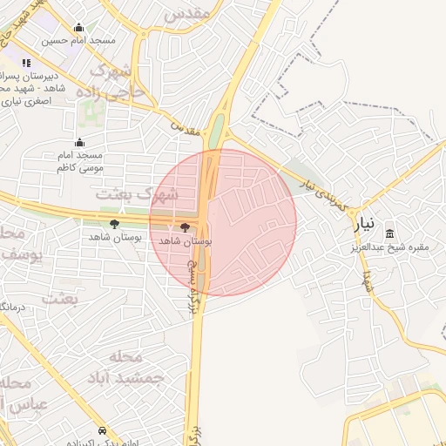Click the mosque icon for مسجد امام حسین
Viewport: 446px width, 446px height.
(80, 28)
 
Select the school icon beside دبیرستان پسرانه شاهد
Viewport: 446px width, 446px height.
(26, 63)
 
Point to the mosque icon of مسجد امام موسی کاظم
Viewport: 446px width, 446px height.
(80, 142)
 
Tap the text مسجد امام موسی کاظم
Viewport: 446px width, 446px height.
(79, 159)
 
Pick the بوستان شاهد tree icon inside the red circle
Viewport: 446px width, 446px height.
(184, 226)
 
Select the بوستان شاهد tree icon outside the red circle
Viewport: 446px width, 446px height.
(114, 225)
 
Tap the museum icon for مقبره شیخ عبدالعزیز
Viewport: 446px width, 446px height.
(389, 233)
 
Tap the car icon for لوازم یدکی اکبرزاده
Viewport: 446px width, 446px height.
(104, 430)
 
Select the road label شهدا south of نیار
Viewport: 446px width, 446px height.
(368, 280)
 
